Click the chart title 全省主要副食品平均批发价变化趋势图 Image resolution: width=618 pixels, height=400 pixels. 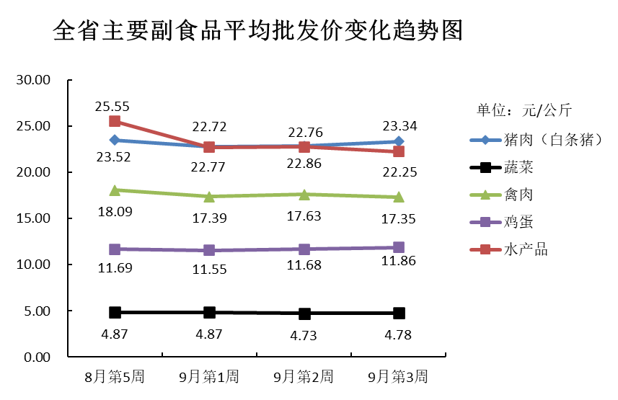coord(257,31)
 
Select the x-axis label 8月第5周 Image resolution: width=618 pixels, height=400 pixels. coord(114,377)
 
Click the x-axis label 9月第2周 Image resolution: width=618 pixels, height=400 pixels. coord(304,377)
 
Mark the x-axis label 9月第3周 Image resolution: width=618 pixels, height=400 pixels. coord(398,377)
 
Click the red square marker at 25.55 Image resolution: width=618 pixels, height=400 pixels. coord(115,121)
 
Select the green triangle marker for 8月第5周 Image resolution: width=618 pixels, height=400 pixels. coord(115,190)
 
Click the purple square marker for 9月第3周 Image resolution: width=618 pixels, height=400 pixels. coord(398,248)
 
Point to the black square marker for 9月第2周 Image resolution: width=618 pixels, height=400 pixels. coord(304,314)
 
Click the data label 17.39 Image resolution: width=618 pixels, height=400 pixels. coord(209,217)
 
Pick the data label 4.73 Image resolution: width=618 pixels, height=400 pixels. coord(304,334)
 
